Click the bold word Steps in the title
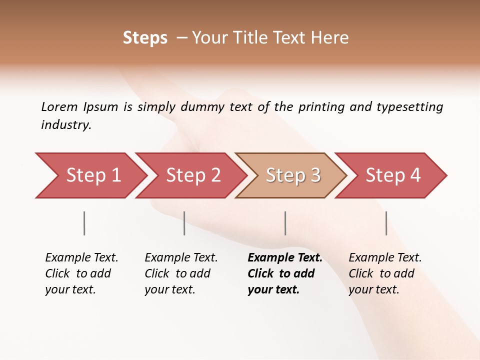pos(145,38)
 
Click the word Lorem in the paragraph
pos(59,106)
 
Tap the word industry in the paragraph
pos(66,125)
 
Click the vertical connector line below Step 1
pos(84,223)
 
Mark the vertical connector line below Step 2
pos(184,223)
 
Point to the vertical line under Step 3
pos(285,223)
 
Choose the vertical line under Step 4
pos(386,223)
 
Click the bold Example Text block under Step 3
pos(284,273)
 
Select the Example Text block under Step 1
pos(81,273)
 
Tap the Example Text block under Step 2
pos(181,273)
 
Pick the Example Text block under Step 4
pos(385,273)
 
